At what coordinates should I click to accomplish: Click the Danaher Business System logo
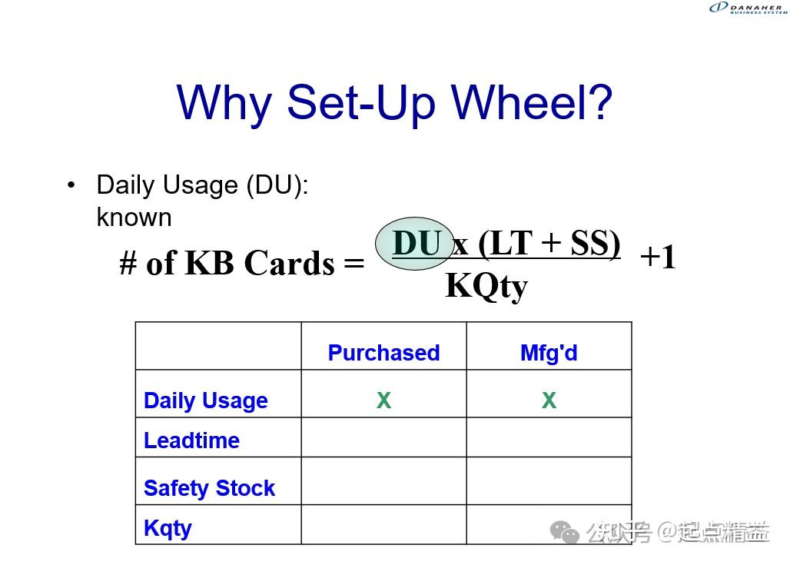point(747,8)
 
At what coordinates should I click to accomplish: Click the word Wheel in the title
point(531,102)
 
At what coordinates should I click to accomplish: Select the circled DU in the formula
point(416,244)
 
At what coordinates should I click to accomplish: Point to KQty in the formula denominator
point(486,286)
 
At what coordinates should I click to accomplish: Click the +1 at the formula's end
point(658,257)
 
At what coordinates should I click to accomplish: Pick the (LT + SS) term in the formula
point(549,243)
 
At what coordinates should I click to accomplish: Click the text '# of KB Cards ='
point(242,264)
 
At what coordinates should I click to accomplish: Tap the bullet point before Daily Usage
point(71,185)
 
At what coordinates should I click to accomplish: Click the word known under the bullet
point(134,218)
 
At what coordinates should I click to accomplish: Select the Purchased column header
point(383,353)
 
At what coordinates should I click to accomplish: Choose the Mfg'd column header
point(549,353)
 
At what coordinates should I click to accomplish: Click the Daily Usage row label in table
point(205,400)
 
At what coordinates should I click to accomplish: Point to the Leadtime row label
point(191,440)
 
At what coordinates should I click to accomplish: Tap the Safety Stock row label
point(209,488)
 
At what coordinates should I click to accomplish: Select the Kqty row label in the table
point(168,528)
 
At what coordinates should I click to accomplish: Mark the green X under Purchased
point(383,400)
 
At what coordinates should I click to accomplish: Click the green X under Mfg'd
point(549,400)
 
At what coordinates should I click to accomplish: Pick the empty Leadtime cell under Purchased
point(383,437)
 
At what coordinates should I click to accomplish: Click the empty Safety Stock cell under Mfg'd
point(549,481)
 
